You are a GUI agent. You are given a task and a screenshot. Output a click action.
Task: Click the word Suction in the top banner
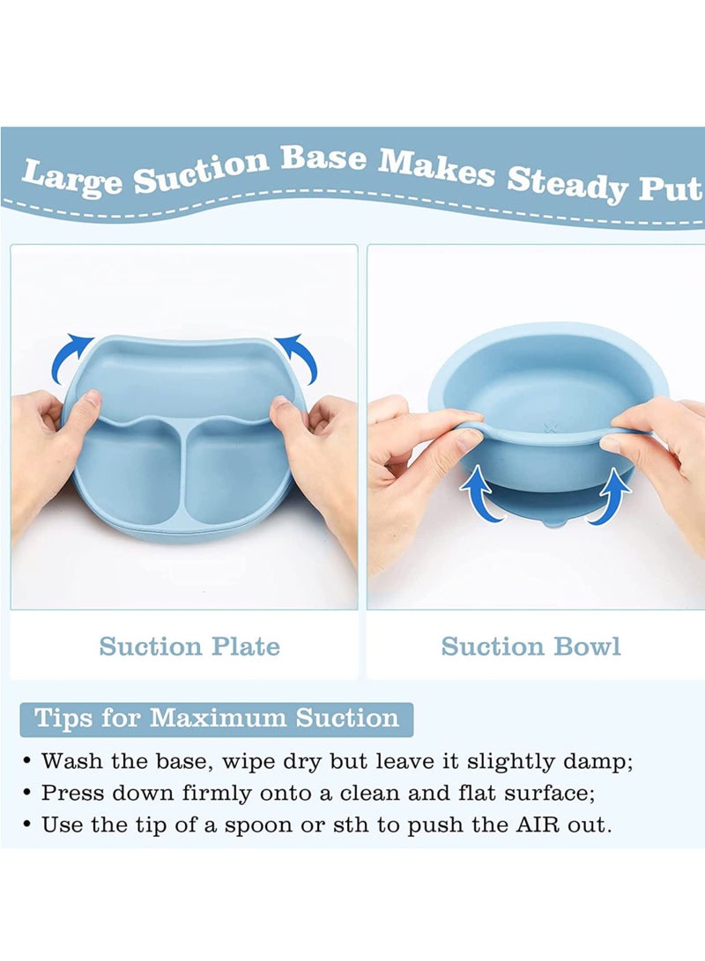[200, 169]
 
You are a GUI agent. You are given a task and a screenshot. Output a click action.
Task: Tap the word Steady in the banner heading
[566, 181]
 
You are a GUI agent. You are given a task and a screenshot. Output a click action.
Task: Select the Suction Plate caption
[189, 647]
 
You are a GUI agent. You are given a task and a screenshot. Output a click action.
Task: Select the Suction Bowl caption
[531, 647]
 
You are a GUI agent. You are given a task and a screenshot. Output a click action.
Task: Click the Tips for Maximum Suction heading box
[216, 718]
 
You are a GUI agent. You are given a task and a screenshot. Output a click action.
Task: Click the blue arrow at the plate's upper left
[72, 354]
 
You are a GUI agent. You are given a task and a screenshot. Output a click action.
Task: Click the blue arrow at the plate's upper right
[297, 354]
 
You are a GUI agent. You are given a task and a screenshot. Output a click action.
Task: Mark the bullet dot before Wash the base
[28, 761]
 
